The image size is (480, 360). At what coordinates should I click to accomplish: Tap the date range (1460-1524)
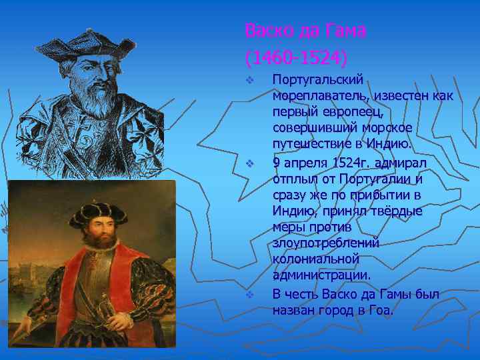point(296,59)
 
